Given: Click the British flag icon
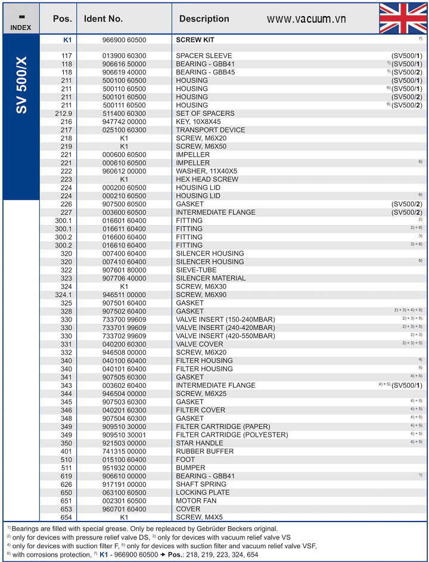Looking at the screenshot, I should pos(403,18).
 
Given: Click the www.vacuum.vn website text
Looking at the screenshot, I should pos(306,19).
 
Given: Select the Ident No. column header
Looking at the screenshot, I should pos(103,19).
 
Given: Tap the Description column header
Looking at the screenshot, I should pos(204,19).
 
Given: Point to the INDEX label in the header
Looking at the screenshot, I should pos(21,27).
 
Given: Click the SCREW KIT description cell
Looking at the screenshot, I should pos(195,40).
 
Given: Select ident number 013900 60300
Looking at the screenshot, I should pos(124,56).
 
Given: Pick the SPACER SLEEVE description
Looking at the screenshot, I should pos(204,56).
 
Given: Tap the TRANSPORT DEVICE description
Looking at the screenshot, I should pos(210,130).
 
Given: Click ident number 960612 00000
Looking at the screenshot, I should pos(124,171).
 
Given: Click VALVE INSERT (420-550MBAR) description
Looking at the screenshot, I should pos(225,336).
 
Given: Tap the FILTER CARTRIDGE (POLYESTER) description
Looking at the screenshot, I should pos(232,435).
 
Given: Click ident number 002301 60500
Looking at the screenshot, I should pos(124,501).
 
